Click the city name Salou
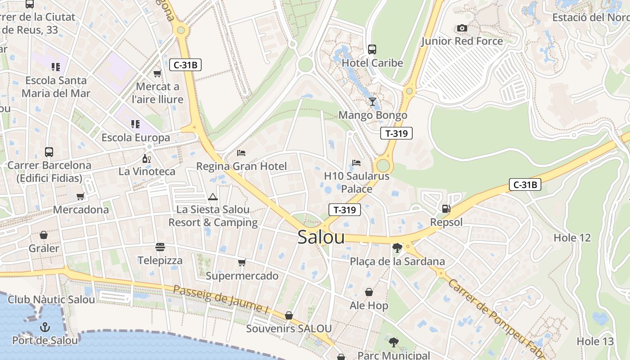click(x=321, y=238)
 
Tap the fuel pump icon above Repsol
click(x=446, y=208)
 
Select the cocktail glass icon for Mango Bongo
click(x=373, y=101)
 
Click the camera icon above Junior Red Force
click(x=462, y=28)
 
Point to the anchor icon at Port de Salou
click(x=45, y=327)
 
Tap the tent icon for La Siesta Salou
click(x=213, y=197)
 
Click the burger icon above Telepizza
click(x=160, y=247)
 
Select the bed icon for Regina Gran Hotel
click(x=241, y=153)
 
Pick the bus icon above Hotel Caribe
click(x=372, y=49)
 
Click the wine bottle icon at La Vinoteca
click(x=147, y=158)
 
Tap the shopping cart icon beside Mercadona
click(x=81, y=196)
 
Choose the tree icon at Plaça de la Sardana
click(x=397, y=247)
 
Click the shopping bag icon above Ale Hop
click(x=369, y=292)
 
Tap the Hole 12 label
click(x=572, y=238)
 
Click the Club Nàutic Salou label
click(x=51, y=300)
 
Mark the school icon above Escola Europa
click(x=135, y=124)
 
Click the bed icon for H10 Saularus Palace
click(x=356, y=162)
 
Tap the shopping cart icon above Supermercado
click(x=242, y=262)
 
